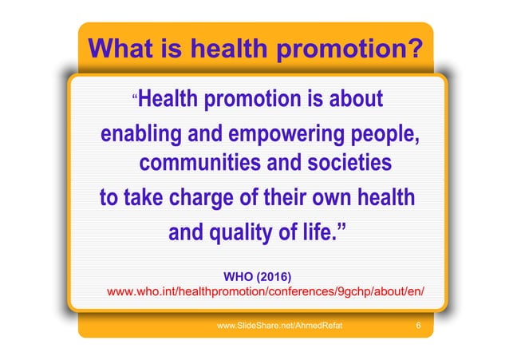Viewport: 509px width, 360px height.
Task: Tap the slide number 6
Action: [419, 326]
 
